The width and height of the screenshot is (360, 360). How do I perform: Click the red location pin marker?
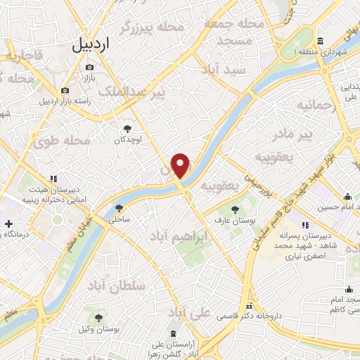(181, 165)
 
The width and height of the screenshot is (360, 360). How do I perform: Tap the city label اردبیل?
(91, 44)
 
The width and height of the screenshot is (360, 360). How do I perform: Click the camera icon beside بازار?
(89, 67)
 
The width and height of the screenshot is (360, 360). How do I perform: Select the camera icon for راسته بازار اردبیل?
(65, 90)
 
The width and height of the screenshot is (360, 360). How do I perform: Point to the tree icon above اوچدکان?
(128, 128)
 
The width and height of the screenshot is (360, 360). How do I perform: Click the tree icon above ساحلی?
(119, 207)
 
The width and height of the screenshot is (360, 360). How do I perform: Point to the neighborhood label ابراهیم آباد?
(176, 238)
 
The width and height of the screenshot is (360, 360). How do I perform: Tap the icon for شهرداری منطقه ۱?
(320, 39)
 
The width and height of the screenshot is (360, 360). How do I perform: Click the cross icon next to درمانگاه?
(8, 224)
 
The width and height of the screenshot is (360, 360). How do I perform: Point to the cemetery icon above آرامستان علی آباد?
(174, 333)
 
